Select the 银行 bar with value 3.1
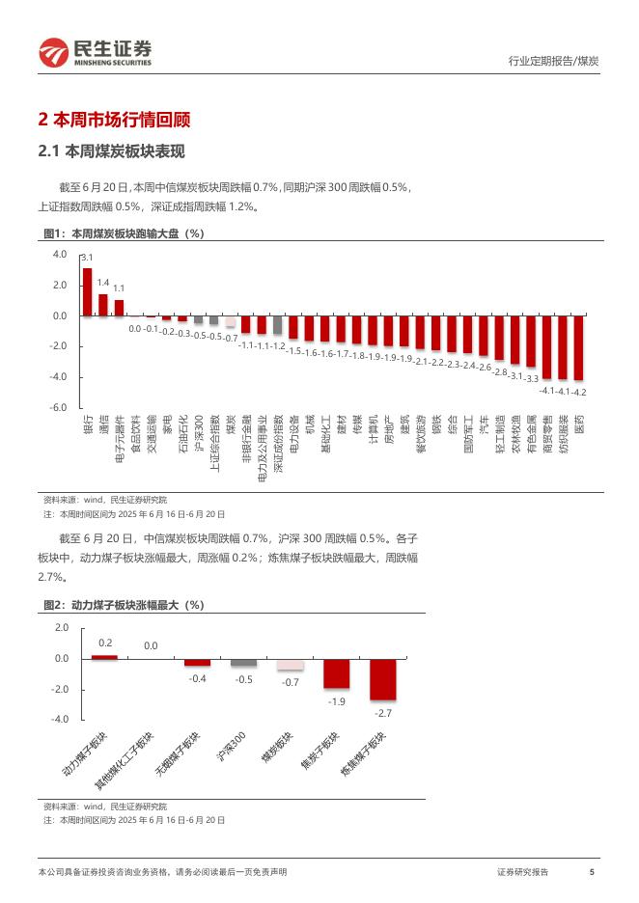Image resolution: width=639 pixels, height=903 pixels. click(x=87, y=291)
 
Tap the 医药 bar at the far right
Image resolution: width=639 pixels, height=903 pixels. click(x=579, y=347)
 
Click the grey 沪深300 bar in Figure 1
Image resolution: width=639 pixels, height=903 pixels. click(x=199, y=320)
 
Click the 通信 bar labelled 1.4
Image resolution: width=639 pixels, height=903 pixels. click(x=103, y=305)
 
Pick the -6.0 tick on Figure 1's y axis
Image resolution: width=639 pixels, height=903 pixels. click(x=59, y=408)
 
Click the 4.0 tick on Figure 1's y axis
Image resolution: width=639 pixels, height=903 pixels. click(x=59, y=255)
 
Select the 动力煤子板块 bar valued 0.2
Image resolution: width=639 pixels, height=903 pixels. click(x=104, y=656)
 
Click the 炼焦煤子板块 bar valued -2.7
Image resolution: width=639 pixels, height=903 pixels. click(x=382, y=679)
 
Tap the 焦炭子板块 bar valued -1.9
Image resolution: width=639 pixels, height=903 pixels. click(x=336, y=673)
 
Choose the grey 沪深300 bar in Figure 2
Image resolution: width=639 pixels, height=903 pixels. click(x=243, y=663)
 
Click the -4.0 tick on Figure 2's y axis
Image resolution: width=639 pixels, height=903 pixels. click(x=62, y=720)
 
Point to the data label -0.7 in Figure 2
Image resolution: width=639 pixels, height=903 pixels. click(x=290, y=682)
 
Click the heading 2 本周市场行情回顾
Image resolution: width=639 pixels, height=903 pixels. click(x=114, y=121)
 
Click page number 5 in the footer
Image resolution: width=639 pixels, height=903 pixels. click(x=591, y=872)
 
